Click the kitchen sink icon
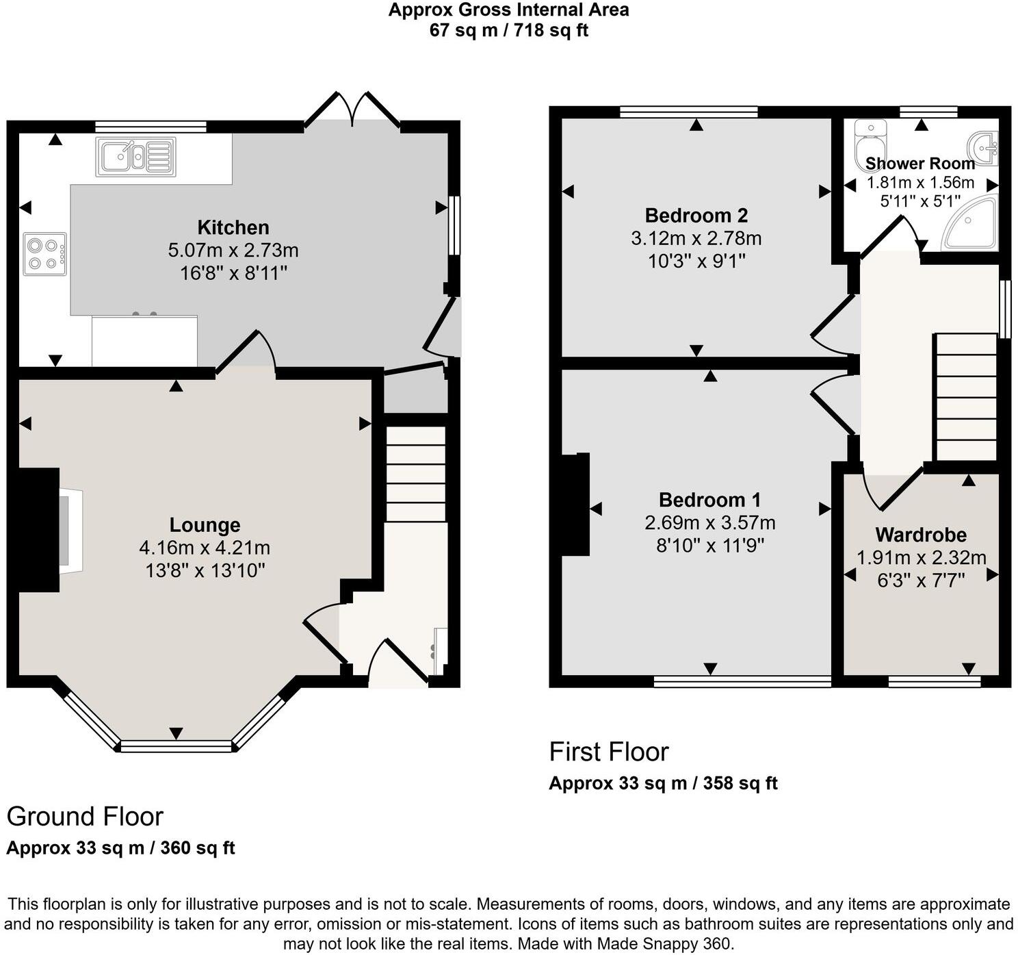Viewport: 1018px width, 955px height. tap(136, 156)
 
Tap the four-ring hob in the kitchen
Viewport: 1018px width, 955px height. tap(45, 254)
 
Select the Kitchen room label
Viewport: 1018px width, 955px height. tap(233, 227)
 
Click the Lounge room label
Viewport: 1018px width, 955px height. tap(205, 525)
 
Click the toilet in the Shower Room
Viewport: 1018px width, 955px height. tap(870, 141)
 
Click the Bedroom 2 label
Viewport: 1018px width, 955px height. tap(696, 216)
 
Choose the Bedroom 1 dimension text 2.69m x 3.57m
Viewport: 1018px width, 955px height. tap(709, 523)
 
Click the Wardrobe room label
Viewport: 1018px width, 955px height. tap(921, 535)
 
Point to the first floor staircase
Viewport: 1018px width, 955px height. tap(965, 397)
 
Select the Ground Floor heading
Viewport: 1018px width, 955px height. tap(85, 817)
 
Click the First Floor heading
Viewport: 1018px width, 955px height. tap(608, 752)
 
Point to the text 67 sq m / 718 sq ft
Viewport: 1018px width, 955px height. tap(508, 30)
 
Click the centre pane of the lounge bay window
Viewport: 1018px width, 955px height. tap(177, 746)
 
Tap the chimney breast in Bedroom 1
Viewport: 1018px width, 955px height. tap(575, 504)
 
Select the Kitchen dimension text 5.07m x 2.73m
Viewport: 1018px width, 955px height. tap(233, 251)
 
